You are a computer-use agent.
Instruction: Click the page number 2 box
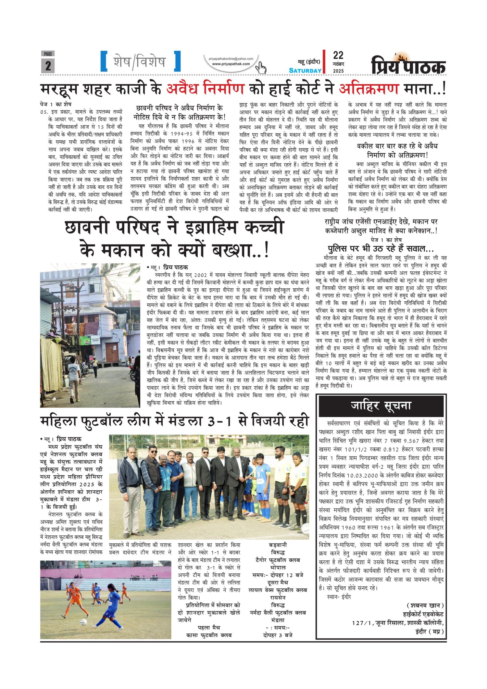click(48, 65)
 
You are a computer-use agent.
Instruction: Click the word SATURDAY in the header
click(305, 70)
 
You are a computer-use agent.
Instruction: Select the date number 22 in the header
click(338, 55)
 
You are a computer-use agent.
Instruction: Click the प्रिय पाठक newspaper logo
click(408, 65)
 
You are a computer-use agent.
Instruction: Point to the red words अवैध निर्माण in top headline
click(205, 88)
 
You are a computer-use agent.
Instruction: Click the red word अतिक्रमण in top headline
click(368, 88)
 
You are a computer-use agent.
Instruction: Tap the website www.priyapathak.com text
click(231, 64)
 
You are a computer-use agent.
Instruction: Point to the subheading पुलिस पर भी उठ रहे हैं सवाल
click(381, 249)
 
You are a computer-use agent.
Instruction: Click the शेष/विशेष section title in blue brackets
click(140, 62)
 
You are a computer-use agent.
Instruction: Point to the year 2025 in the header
click(338, 71)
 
